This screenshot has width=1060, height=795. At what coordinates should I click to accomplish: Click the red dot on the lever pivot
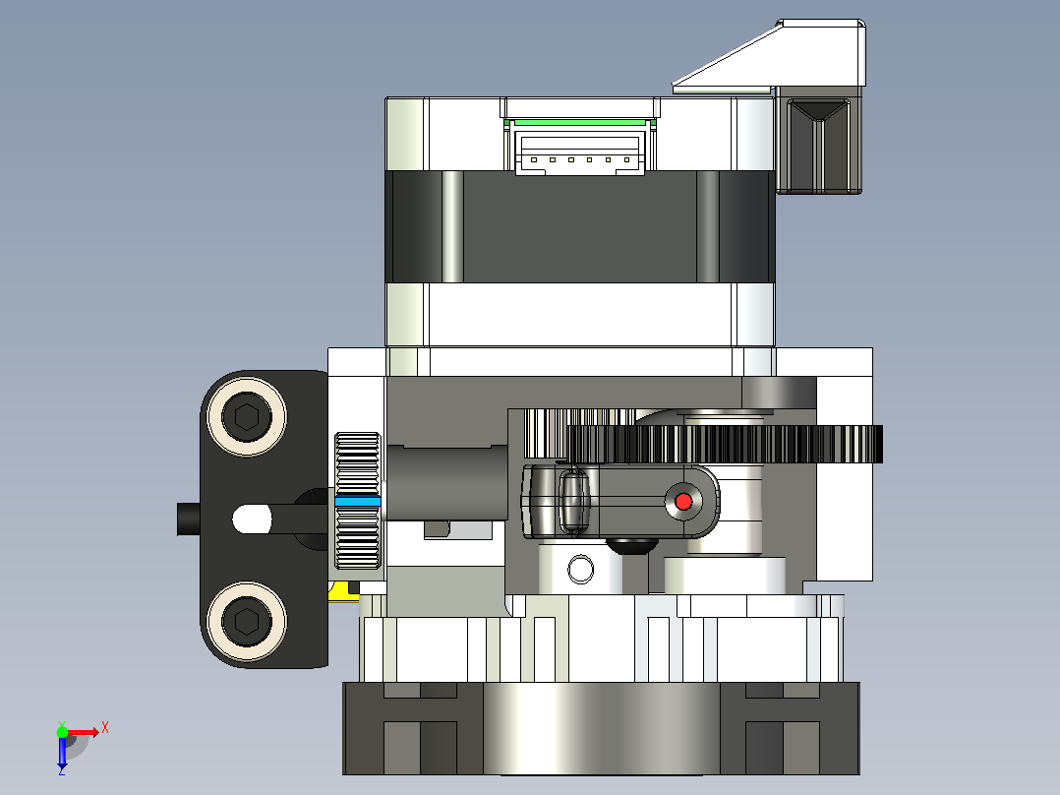[683, 502]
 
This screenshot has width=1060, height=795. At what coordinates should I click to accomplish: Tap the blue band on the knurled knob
[358, 502]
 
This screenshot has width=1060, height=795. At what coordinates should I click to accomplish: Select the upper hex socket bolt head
[247, 416]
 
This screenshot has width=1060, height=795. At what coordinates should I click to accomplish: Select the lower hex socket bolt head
[247, 621]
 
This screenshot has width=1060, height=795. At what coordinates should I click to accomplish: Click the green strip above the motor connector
[579, 122]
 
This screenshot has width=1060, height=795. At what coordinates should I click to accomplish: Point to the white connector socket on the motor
[580, 153]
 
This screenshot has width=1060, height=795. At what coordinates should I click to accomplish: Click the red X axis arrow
[84, 732]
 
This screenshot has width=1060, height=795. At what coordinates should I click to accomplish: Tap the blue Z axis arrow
[62, 753]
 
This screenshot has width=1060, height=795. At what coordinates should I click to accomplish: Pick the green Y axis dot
[62, 732]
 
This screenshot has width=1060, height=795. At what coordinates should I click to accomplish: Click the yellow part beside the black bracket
[343, 591]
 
